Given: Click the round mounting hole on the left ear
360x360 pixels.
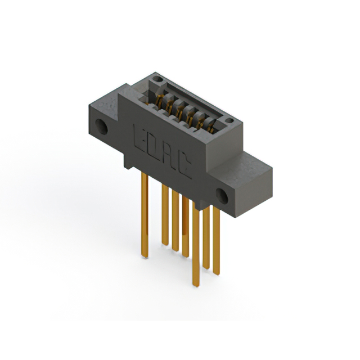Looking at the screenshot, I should [102, 126].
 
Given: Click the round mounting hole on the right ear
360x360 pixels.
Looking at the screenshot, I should [223, 197].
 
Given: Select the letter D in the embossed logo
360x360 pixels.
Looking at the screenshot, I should [155, 146].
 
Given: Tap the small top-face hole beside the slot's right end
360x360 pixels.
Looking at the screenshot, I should [228, 120].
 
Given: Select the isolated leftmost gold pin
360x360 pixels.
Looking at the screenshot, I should [145, 214].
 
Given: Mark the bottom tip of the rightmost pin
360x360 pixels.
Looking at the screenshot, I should [217, 273].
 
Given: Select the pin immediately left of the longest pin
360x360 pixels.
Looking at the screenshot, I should [185, 228].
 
